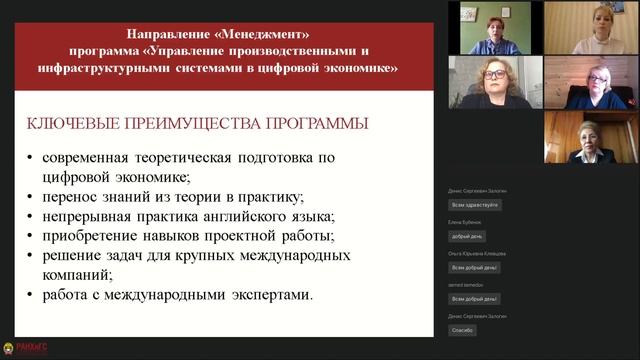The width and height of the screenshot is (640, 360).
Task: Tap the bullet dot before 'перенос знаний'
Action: pos(31,197)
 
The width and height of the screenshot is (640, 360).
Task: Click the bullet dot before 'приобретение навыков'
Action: pos(31,236)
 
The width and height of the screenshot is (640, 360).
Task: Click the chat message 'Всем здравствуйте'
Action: pos(475,204)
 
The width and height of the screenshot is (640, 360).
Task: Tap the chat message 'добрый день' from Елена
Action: pos(467,236)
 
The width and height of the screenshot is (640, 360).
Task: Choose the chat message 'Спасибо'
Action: pos(463,329)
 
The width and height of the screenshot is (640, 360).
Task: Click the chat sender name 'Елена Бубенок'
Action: pos(465,222)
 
